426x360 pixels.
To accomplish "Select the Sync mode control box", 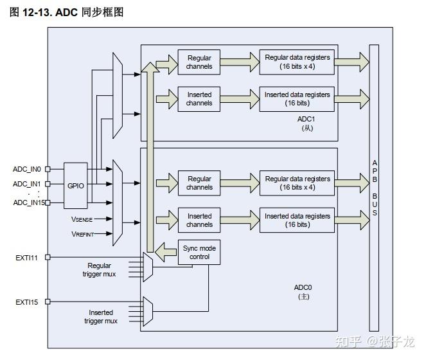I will [x=199, y=252].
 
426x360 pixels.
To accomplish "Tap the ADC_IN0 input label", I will [x=27, y=169].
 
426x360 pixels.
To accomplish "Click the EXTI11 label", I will [x=26, y=257].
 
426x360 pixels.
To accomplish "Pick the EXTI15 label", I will [x=26, y=301].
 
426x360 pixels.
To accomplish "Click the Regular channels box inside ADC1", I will [x=199, y=62].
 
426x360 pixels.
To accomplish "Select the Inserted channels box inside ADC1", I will [x=199, y=99].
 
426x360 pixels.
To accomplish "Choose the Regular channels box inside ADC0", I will [x=199, y=183].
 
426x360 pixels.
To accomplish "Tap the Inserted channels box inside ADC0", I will [x=199, y=221].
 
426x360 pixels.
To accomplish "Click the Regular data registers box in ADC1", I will [x=297, y=62].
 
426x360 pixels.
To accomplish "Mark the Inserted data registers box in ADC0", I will [x=297, y=221].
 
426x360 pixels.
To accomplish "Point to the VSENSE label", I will [x=82, y=219].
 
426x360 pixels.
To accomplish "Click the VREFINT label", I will [x=82, y=234].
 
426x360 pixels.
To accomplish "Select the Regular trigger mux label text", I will [x=100, y=270].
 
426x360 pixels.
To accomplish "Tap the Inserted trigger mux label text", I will [x=101, y=316].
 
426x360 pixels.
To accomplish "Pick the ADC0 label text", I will [x=303, y=288].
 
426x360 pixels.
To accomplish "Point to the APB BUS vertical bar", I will [x=374, y=186].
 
